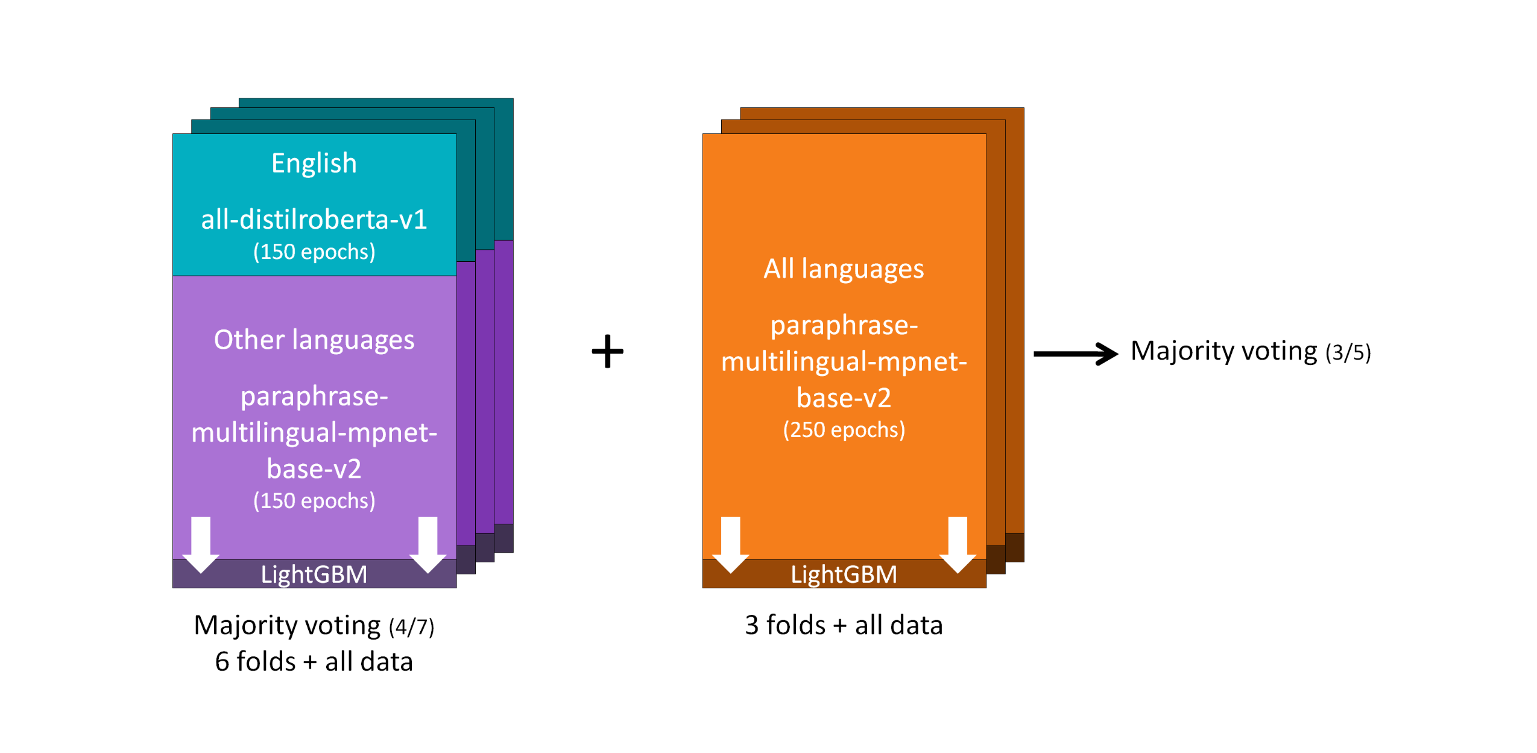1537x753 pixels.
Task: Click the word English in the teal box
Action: click(x=314, y=164)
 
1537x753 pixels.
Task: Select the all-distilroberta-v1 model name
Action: click(x=314, y=219)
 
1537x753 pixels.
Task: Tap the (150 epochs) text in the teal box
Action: click(x=314, y=252)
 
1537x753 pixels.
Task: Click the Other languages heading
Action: click(x=314, y=340)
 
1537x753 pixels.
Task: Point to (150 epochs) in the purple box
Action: click(x=314, y=501)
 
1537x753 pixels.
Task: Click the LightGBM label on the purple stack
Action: click(x=314, y=574)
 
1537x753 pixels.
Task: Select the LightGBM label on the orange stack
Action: click(x=843, y=574)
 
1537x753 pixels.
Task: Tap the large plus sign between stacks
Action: click(x=607, y=351)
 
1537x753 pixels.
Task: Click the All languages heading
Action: click(x=843, y=268)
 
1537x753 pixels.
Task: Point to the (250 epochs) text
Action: click(x=843, y=430)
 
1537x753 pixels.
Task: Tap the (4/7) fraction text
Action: click(x=411, y=627)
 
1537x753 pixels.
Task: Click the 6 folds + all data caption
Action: click(x=314, y=661)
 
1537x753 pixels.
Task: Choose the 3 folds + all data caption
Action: click(x=843, y=625)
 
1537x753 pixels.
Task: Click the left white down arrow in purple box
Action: click(x=200, y=544)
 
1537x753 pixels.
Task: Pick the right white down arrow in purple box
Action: click(x=428, y=544)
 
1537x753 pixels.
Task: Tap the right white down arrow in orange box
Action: click(x=957, y=544)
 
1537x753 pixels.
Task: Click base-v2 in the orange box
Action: click(x=843, y=398)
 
